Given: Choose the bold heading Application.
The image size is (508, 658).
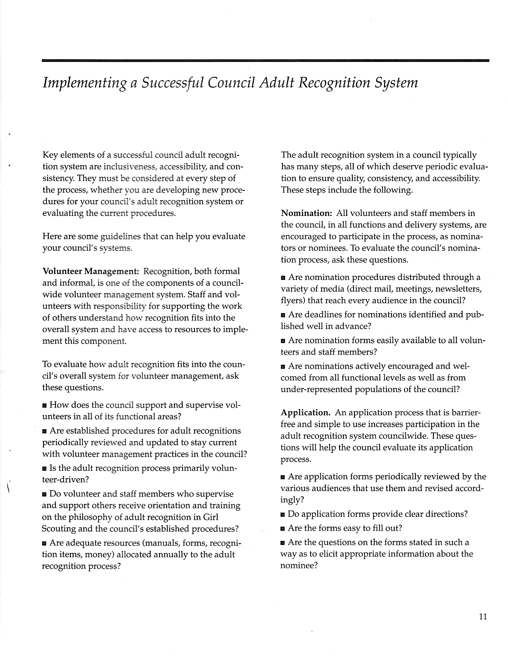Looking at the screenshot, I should point(305,412).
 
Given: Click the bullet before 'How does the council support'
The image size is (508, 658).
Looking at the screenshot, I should point(45,406).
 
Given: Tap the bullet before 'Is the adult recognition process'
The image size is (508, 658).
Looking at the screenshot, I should point(45,469).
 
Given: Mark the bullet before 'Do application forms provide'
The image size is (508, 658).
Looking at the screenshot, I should point(283,514).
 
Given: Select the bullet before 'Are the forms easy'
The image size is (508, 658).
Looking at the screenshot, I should point(283,528).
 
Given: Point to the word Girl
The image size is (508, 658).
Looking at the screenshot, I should point(211,517).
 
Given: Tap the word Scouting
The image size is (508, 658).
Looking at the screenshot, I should point(59,529).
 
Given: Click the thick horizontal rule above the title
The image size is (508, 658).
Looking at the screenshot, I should point(265,61).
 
